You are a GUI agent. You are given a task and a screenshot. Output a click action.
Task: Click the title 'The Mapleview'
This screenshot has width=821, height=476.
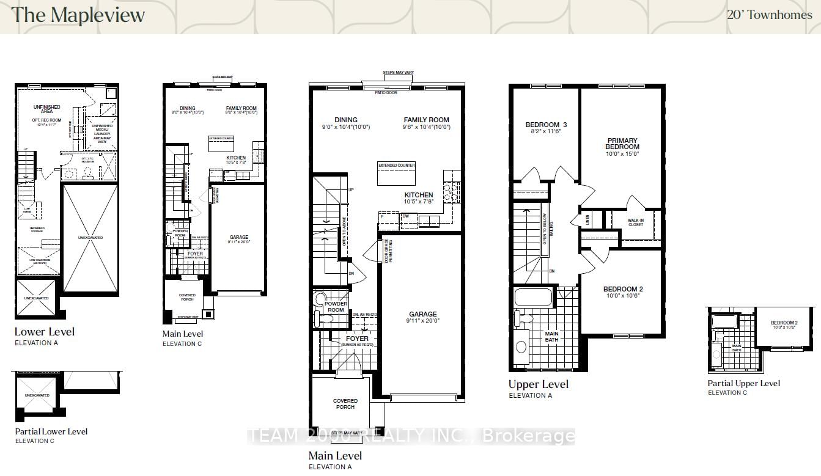click(78, 15)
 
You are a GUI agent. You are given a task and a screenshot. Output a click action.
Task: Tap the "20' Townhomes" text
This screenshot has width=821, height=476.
click(769, 15)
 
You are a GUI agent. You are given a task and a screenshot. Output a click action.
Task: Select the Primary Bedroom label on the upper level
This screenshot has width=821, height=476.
click(622, 144)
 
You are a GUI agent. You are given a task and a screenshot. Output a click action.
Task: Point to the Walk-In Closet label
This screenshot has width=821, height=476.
click(636, 222)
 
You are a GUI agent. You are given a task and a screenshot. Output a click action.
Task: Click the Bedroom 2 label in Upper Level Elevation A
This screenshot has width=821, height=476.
click(623, 289)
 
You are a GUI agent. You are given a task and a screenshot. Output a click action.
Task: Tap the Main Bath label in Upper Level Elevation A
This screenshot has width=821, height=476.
click(551, 337)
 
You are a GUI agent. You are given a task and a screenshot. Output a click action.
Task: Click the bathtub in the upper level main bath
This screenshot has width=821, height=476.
click(534, 298)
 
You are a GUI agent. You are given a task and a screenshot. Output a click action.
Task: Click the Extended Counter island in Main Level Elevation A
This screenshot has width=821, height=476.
click(397, 174)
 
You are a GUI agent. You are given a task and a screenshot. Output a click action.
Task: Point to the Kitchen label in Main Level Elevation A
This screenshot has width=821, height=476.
click(418, 195)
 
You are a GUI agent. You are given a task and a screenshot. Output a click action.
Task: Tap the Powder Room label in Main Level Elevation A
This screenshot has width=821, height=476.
click(336, 307)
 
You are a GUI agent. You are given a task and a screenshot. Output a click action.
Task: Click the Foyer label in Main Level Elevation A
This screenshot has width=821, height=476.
click(357, 339)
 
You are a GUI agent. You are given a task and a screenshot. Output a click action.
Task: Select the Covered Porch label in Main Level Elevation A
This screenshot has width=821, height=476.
click(345, 404)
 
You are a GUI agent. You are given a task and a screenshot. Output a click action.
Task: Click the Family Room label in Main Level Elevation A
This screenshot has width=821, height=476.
click(426, 120)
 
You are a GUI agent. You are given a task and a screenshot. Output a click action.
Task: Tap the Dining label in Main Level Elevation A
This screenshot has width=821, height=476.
click(346, 120)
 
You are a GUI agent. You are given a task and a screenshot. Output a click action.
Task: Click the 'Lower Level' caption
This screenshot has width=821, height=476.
click(45, 332)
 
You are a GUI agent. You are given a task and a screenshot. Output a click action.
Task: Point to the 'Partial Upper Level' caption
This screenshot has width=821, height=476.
click(743, 383)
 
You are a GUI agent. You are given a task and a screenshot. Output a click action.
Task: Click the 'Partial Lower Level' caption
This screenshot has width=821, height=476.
click(51, 431)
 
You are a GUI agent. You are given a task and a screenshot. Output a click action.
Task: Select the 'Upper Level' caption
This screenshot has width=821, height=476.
click(538, 384)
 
